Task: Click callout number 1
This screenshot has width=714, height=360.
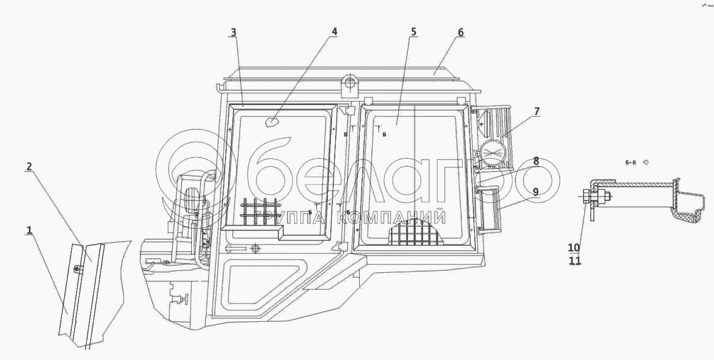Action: tap(28, 230)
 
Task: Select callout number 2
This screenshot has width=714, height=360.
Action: tap(29, 166)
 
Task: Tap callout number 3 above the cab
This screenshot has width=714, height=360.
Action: tap(234, 33)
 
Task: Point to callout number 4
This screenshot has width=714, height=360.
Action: tap(334, 31)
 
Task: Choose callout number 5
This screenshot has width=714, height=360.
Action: tap(414, 31)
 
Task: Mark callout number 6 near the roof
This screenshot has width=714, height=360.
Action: tap(460, 32)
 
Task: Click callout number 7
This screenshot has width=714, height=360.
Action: tap(536, 111)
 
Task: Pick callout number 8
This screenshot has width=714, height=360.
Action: tap(536, 161)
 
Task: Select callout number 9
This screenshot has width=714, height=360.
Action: tap(536, 192)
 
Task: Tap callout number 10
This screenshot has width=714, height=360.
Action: tap(574, 248)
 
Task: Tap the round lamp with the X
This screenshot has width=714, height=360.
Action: tap(495, 152)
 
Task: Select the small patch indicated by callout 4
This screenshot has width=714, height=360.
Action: tap(270, 123)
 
